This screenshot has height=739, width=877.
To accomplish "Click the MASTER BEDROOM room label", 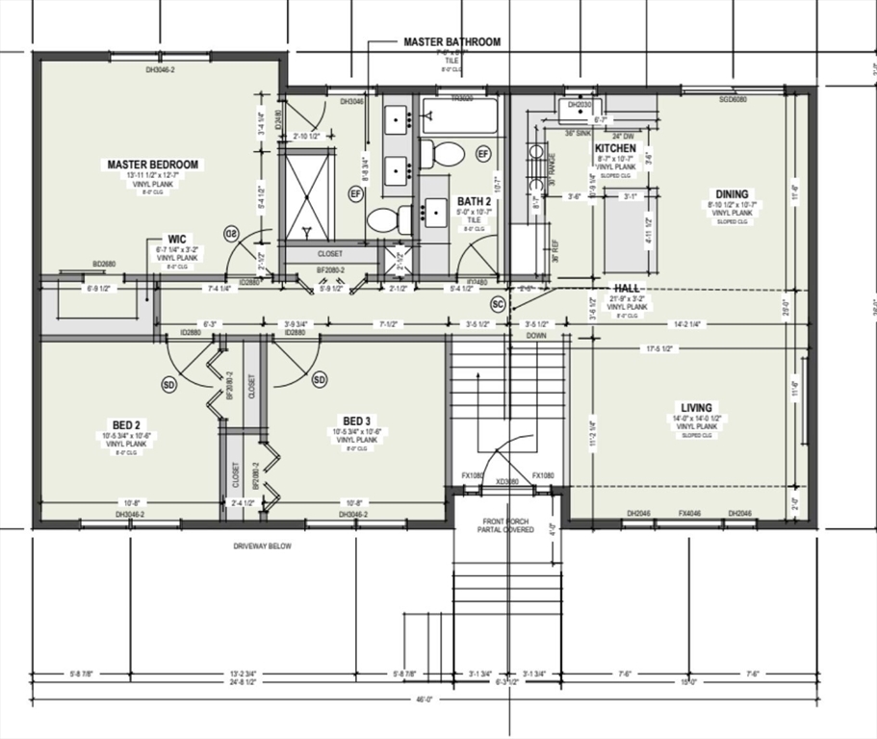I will point(153,165).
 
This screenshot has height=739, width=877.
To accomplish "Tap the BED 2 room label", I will point(126,424).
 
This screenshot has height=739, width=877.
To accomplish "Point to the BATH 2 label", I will point(474,202).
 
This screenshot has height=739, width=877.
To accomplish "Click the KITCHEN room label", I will point(614,148).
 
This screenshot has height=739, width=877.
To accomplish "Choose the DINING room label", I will point(731,194).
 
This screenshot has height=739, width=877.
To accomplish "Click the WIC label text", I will point(176,239).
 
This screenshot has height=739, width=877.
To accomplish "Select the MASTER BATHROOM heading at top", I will point(451,42).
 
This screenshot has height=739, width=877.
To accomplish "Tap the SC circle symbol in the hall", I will point(498,304).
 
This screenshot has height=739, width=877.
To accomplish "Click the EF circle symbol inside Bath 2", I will point(483,153).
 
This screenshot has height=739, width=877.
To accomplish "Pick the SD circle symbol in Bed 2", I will point(169,385).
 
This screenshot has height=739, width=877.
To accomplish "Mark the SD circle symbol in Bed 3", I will point(320,381).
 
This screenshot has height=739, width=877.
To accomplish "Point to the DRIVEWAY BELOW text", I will point(262,547).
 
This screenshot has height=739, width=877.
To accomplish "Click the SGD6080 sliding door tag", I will point(735,99).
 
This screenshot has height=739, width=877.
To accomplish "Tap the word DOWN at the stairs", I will point(536,336).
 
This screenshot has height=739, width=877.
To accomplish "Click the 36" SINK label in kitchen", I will point(577,134).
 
